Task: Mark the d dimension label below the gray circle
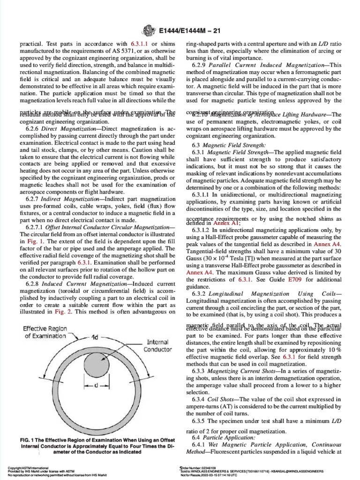96,385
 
